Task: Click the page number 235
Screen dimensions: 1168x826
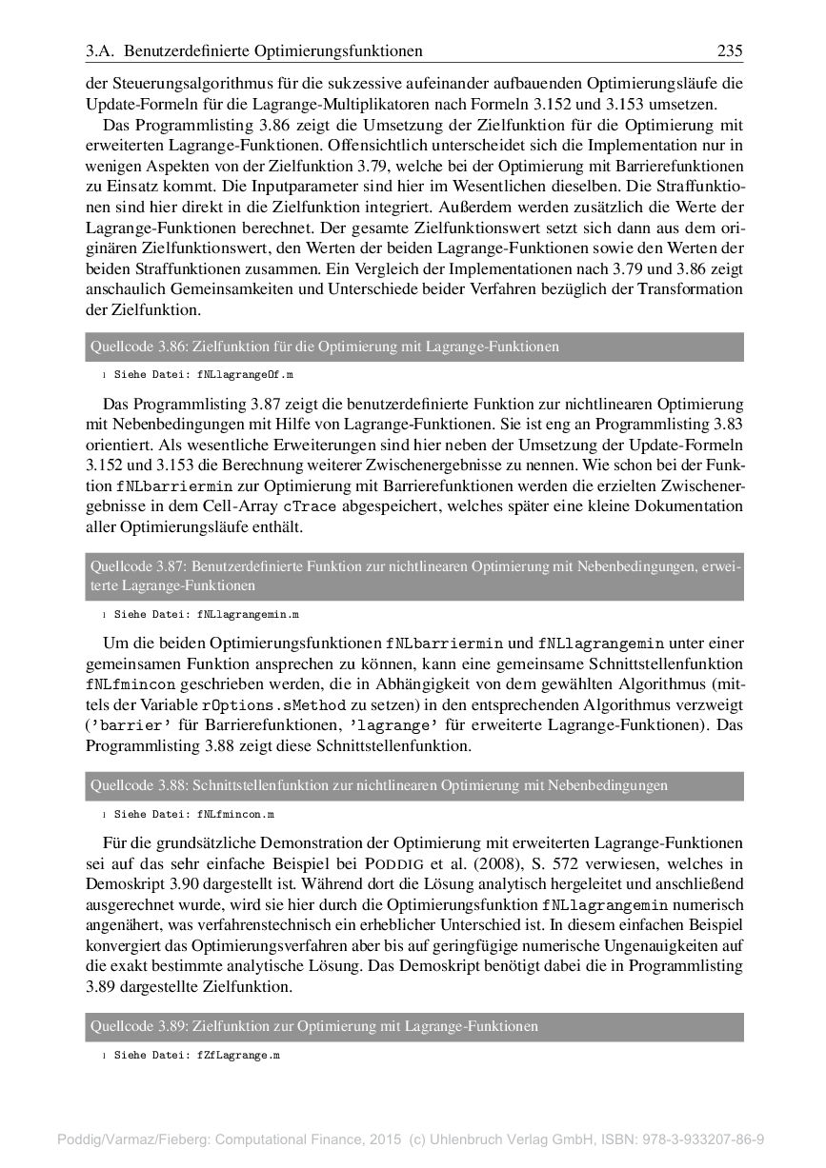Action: tap(731, 50)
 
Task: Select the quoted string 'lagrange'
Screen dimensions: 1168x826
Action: tap(391, 725)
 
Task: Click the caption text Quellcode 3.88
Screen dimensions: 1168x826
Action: tap(139, 786)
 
